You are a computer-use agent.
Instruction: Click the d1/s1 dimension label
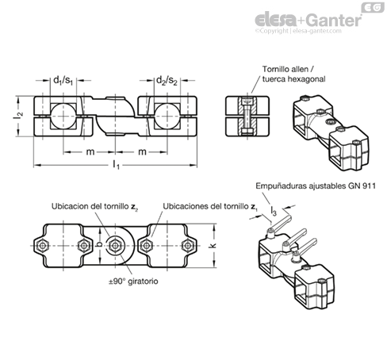click(63, 80)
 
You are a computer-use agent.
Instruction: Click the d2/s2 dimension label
click(167, 80)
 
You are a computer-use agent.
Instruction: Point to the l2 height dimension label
click(18, 116)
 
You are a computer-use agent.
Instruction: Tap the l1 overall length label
click(117, 165)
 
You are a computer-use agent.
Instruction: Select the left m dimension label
click(90, 151)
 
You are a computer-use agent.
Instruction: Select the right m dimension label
click(142, 151)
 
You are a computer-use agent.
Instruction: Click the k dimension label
click(213, 246)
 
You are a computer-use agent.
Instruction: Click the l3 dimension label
click(274, 211)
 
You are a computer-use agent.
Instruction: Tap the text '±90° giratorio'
click(133, 281)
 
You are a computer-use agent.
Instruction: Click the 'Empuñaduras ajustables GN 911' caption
click(316, 186)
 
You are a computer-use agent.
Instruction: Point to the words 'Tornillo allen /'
click(288, 69)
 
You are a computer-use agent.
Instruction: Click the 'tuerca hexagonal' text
click(293, 79)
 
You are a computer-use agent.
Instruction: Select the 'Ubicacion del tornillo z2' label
click(95, 207)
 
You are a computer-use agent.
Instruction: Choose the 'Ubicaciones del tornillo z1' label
click(210, 207)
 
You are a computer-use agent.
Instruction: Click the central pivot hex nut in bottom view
click(115, 246)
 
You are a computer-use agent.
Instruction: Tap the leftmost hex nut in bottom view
click(41, 246)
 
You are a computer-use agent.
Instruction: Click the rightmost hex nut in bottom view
click(188, 246)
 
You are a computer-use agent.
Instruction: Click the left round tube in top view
click(63, 116)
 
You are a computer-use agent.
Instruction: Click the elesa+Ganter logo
click(308, 21)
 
